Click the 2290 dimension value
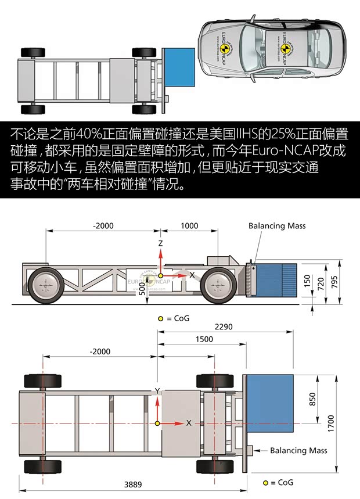point(224,327)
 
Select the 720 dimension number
point(319,283)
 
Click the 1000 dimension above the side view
point(189,226)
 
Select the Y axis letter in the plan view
point(157,390)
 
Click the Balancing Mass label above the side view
point(276,226)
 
